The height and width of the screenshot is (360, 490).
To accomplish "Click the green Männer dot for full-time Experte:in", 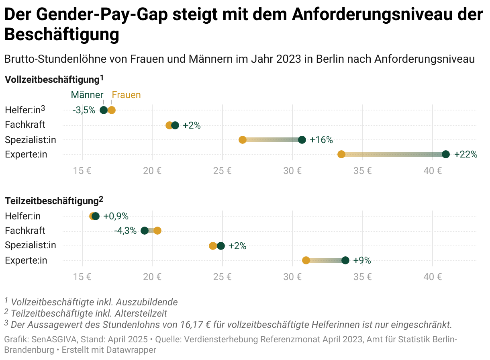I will [445, 154].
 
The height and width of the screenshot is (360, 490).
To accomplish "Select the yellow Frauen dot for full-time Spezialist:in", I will [243, 140].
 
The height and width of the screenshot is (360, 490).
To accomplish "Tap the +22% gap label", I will [465, 154].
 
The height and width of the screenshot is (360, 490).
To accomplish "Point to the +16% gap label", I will [321, 140].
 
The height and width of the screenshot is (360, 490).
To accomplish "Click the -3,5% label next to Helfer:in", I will [84, 110].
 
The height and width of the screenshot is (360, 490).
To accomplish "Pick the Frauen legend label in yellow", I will [126, 95].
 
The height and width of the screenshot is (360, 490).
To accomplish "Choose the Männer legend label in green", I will [87, 95].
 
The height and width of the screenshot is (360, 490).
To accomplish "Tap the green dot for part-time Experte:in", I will [345, 260].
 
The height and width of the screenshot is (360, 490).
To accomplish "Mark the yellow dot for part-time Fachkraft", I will [157, 231].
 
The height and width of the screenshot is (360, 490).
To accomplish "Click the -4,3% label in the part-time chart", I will [125, 231].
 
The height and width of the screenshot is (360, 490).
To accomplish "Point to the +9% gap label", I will [362, 260].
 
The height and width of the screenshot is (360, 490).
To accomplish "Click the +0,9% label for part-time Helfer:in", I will [116, 216].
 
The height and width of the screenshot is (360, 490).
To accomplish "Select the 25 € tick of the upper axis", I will [223, 170].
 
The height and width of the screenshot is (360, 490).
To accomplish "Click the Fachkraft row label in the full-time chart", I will [25, 125].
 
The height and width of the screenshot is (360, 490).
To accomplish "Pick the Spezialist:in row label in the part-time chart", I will [31, 245].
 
